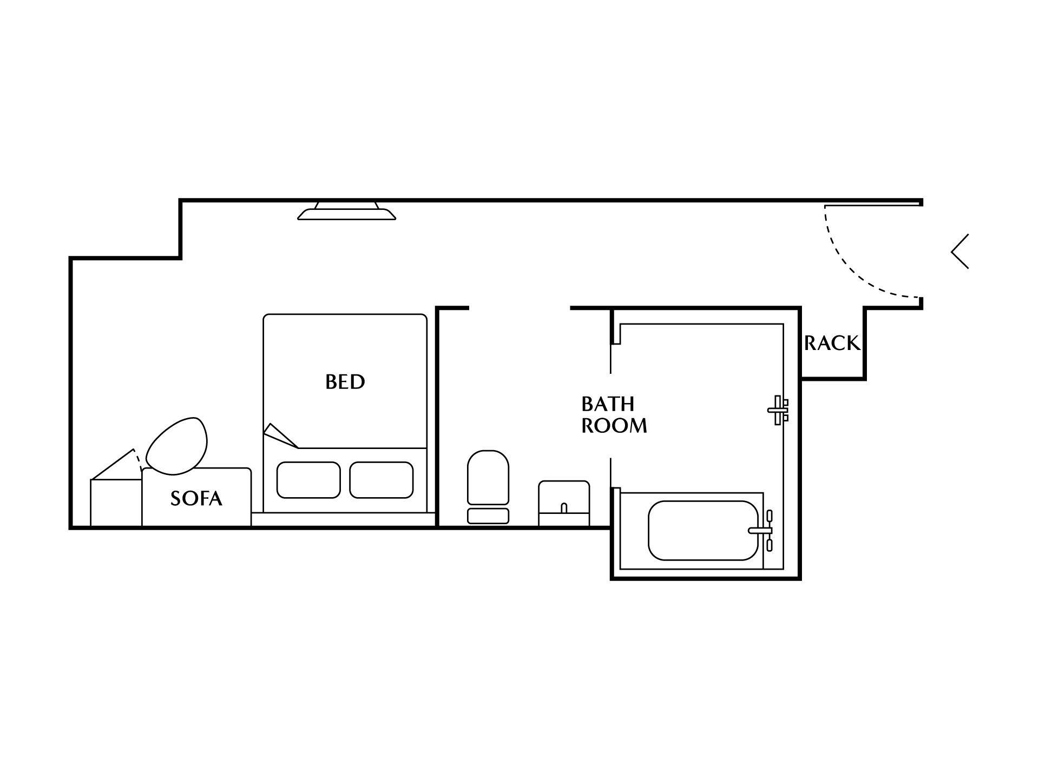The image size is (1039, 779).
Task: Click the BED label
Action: [345, 382]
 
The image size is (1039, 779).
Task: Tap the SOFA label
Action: [196, 498]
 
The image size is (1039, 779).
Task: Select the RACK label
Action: [832, 343]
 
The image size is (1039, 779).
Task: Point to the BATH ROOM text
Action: [614, 415]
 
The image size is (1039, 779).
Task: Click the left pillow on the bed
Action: [308, 480]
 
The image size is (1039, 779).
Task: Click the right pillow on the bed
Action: [382, 480]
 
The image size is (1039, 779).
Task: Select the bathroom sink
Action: [564, 503]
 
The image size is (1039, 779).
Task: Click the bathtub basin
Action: [703, 531]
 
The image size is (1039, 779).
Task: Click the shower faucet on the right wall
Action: [779, 410]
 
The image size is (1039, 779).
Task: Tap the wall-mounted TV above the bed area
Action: [346, 211]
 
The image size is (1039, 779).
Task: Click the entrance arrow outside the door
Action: [960, 251]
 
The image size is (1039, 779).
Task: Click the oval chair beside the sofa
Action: [177, 446]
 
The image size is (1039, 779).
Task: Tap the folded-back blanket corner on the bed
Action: [280, 435]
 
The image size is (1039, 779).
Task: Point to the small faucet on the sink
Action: [564, 508]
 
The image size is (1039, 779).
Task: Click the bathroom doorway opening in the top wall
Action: [519, 308]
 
